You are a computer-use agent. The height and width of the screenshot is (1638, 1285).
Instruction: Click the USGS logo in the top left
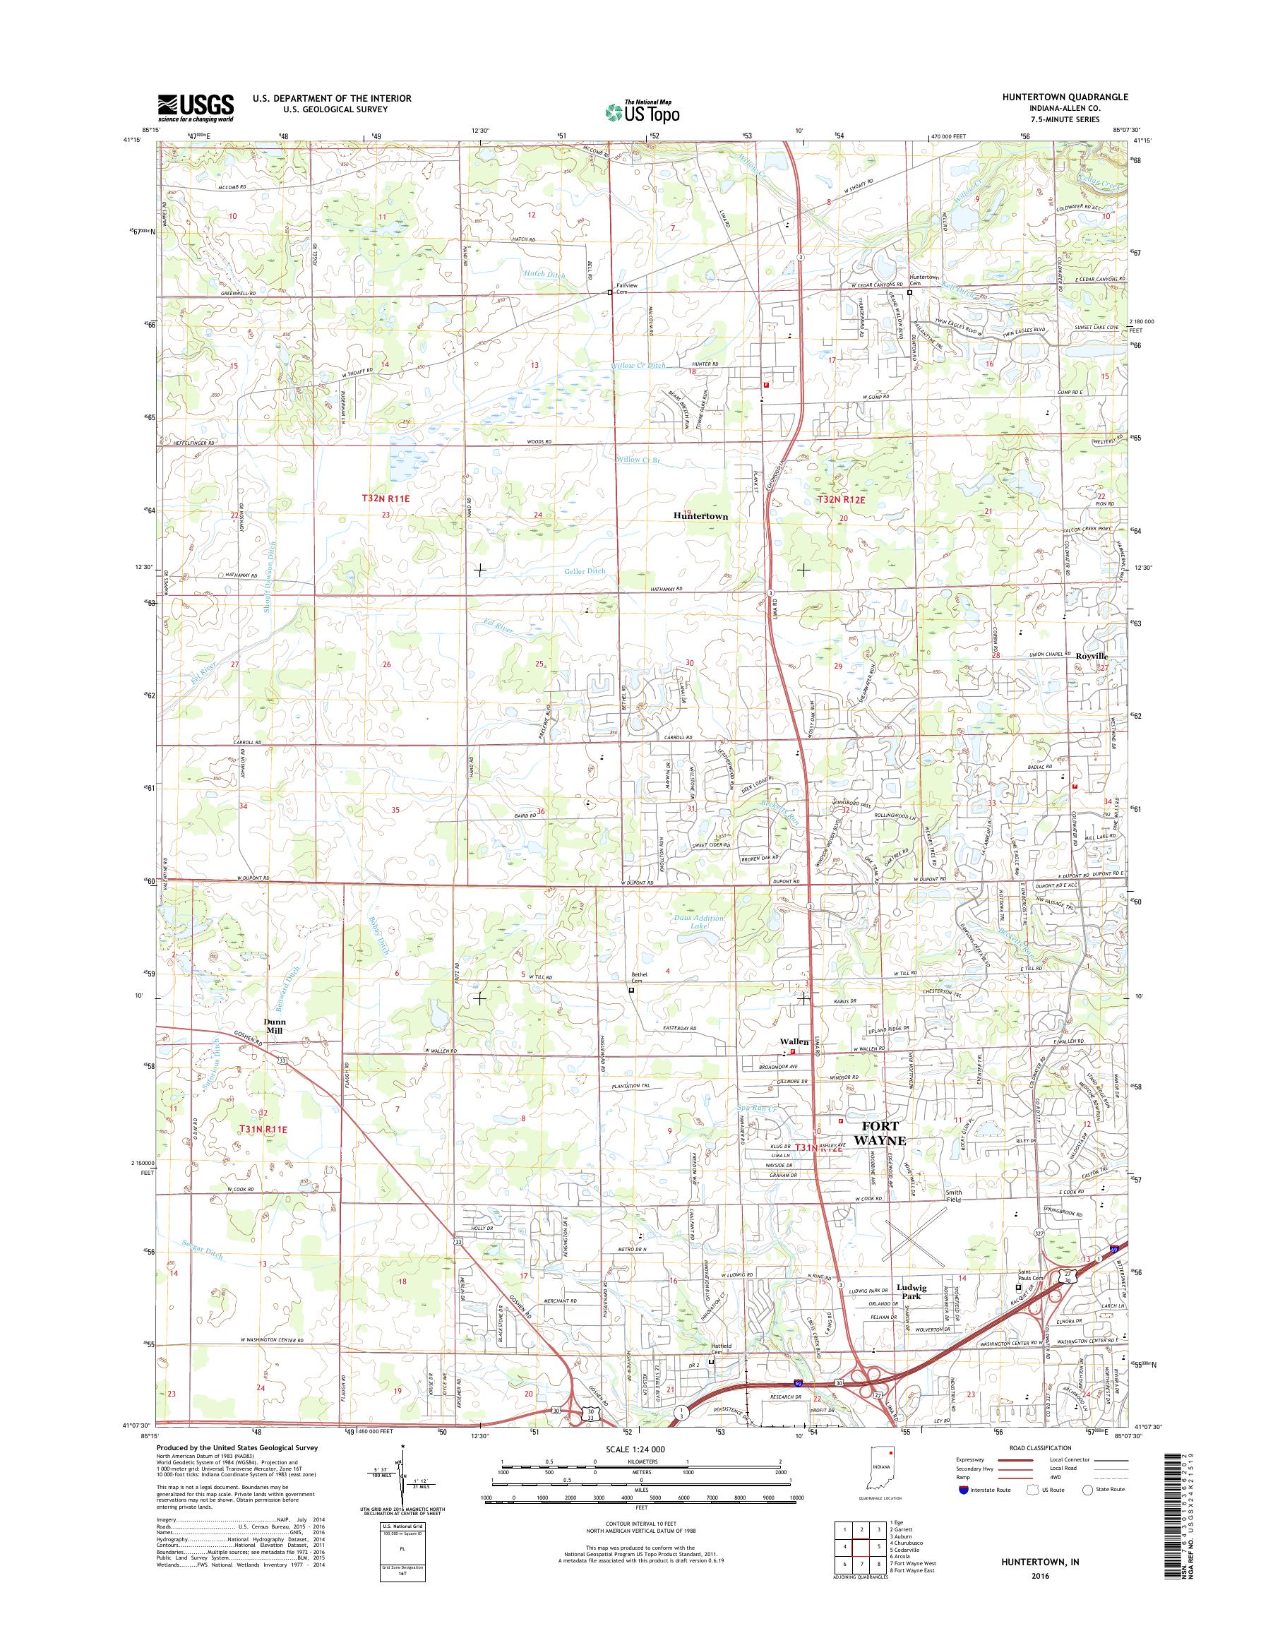point(195,107)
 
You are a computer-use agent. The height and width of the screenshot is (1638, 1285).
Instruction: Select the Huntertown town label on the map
point(700,517)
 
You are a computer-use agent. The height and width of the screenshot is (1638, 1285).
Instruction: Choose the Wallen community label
point(794,1041)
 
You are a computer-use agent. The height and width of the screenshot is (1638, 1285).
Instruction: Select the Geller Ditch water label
point(584,571)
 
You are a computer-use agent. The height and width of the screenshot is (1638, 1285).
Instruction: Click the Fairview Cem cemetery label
point(626,288)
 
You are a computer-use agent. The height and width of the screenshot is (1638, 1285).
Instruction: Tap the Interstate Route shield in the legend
point(963,1511)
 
